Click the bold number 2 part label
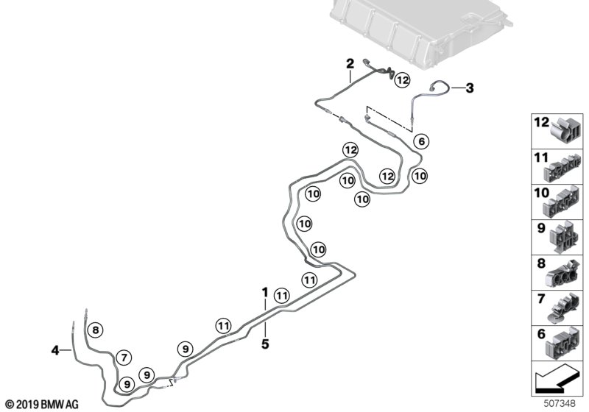click(x=350, y=63)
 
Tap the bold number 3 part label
click(x=469, y=88)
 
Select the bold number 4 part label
click(x=55, y=351)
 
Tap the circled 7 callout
click(x=124, y=358)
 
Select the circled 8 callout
click(x=96, y=330)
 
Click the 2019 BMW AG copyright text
click(x=41, y=405)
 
